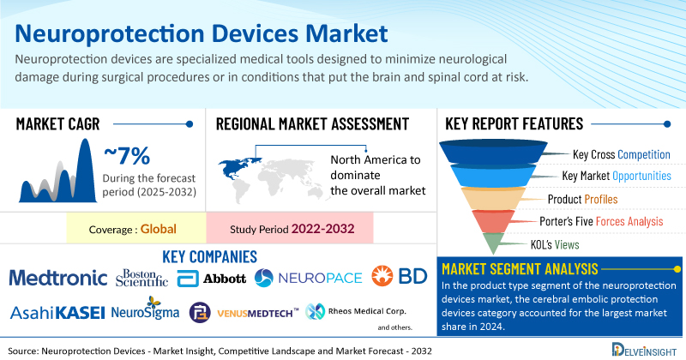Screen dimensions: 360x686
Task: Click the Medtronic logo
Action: click(57, 277)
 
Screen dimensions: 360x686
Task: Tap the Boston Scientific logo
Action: click(141, 276)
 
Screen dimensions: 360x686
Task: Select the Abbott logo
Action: click(212, 278)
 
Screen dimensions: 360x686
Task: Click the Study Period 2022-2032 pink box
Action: click(290, 230)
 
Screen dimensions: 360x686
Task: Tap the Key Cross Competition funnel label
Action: click(621, 154)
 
